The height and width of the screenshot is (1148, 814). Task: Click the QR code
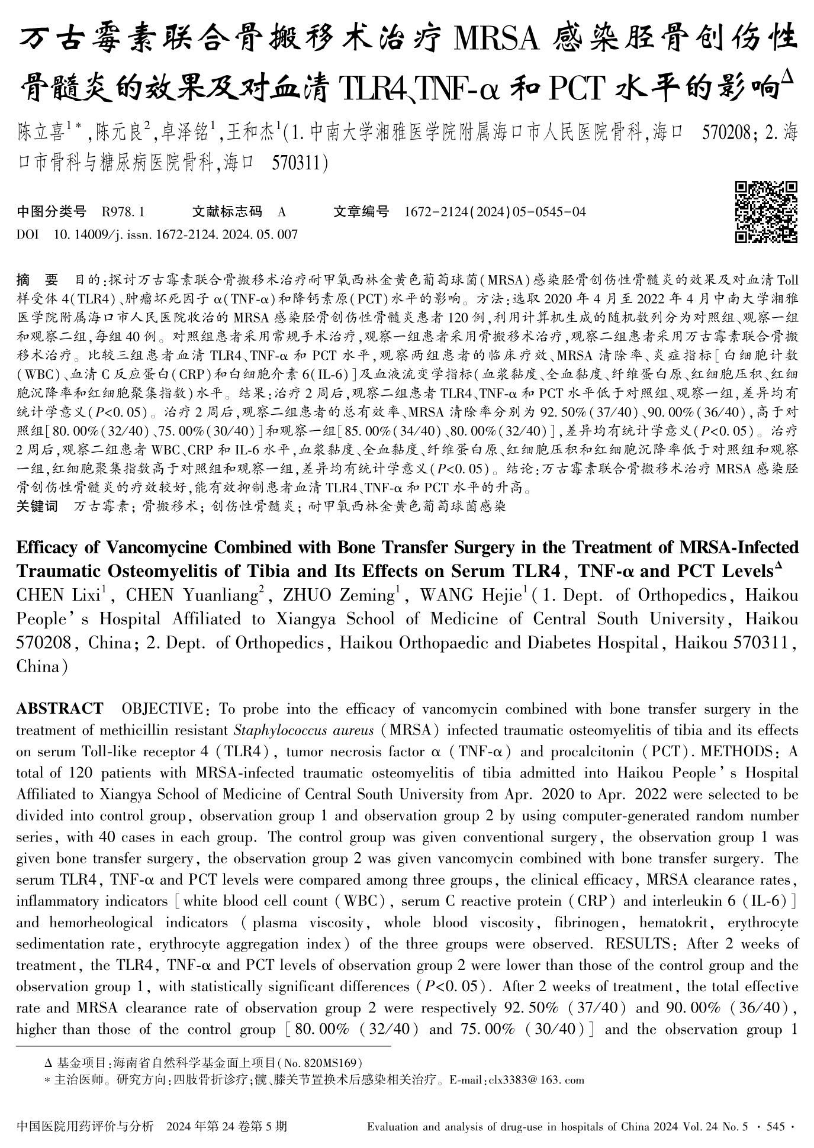click(765, 212)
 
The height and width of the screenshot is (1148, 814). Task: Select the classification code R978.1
click(123, 211)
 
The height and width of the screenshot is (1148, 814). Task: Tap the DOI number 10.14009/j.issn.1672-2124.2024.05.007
click(175, 234)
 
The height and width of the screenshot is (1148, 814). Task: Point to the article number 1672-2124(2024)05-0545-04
click(494, 211)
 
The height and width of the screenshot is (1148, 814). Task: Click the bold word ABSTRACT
click(59, 708)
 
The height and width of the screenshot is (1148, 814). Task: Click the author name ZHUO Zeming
click(337, 595)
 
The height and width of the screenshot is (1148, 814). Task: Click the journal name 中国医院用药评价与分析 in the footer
click(86, 1126)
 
